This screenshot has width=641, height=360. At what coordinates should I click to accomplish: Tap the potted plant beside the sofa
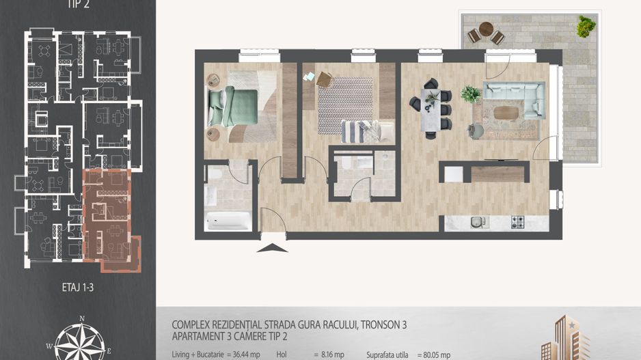(470, 94)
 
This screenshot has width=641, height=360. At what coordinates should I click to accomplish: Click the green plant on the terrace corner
(585, 27)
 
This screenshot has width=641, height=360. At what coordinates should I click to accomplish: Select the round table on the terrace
(486, 29)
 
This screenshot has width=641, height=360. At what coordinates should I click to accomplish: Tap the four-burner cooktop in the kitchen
(517, 221)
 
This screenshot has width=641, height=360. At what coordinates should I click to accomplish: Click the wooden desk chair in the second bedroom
(323, 79)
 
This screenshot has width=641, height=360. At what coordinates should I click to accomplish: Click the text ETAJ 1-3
(72, 288)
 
